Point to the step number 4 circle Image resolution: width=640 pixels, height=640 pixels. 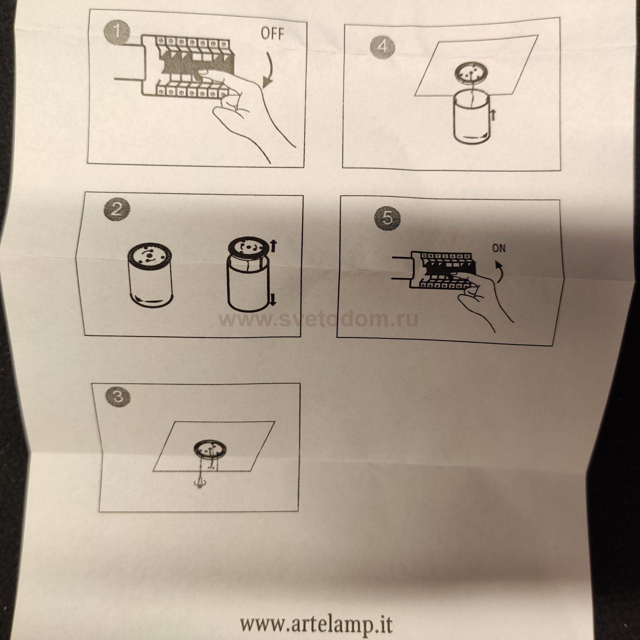tap(382, 47)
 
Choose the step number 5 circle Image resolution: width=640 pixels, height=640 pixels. tap(387, 217)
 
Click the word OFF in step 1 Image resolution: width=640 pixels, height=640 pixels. tap(272, 33)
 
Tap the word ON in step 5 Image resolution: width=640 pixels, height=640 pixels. tap(499, 248)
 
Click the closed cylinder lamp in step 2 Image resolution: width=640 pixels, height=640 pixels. tap(150, 274)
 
